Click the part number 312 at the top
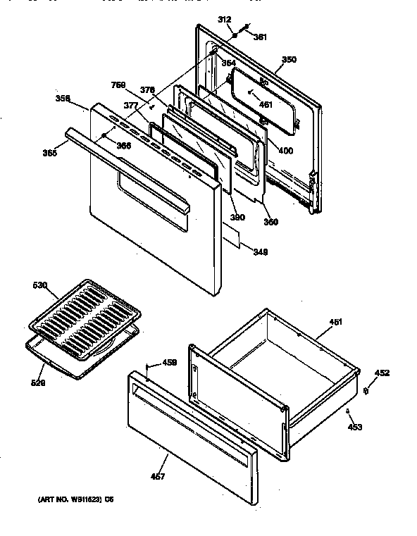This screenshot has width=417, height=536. coord(225,20)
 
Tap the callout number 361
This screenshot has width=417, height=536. coord(260,37)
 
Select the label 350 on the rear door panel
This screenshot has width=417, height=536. coord(289,60)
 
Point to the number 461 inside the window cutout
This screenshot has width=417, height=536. coord(265,105)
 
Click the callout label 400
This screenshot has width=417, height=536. coord(285,150)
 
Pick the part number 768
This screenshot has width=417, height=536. coord(119,85)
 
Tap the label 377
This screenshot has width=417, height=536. coord(130,106)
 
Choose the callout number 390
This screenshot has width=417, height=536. coord(237,218)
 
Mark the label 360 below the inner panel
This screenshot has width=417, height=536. coord(271,223)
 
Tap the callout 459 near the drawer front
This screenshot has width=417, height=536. coord(169,363)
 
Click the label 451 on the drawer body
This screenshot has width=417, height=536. coord(336,322)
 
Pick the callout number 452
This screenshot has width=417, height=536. coord(381,373)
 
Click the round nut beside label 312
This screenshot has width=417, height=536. coord(234,34)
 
